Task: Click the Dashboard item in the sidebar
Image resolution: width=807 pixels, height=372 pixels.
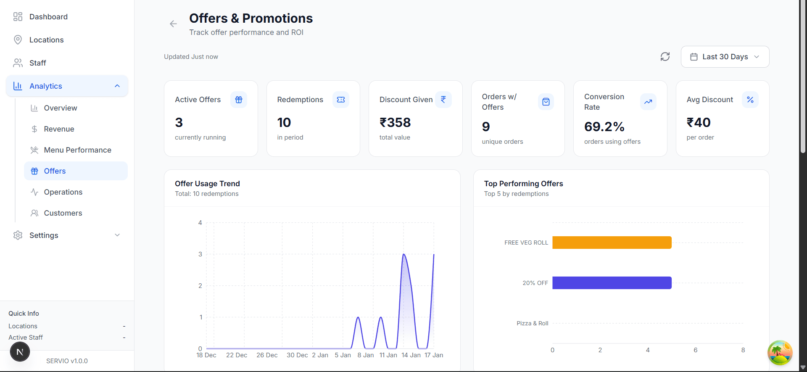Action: point(48,17)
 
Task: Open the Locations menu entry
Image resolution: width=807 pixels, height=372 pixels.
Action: point(46,40)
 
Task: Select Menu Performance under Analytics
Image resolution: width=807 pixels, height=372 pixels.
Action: point(77,150)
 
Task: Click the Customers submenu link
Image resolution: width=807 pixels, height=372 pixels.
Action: point(63,213)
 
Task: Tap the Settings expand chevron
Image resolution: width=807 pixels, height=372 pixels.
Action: point(117,235)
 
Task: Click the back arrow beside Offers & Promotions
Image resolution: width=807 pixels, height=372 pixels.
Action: point(173,24)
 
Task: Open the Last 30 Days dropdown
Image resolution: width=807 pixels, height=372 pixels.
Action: point(725,57)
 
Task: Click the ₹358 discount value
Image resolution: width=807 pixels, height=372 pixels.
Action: point(395,122)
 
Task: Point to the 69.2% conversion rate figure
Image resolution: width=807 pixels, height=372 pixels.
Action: point(604,127)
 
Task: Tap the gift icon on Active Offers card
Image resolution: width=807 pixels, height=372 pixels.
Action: point(239,100)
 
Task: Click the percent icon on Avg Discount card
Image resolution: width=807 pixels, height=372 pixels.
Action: point(750,100)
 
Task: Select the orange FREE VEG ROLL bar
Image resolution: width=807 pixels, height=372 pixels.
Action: point(612,243)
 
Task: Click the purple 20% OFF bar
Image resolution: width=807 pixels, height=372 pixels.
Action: point(612,283)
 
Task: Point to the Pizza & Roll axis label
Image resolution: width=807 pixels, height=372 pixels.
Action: point(532,323)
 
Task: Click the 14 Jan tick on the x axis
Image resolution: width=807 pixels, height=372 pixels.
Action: point(411,355)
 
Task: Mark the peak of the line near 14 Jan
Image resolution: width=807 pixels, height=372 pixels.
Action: point(403,254)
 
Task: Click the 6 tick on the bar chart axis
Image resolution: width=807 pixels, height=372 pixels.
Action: point(695,350)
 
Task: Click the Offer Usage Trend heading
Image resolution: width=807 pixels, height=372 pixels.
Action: point(207,184)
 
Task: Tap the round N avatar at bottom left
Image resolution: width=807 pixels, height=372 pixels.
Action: point(20,352)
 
